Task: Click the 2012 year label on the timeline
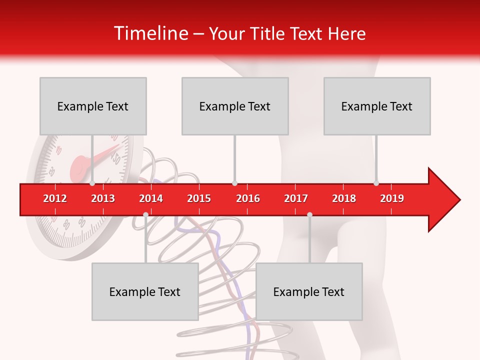[55, 198]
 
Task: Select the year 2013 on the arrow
[103, 198]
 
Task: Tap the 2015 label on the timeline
[199, 198]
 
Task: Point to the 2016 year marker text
[248, 198]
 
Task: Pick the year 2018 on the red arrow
[344, 198]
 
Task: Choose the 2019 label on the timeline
[392, 198]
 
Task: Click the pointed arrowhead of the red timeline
[447, 200]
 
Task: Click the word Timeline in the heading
[150, 33]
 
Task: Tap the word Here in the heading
[346, 33]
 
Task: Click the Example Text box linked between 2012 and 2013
[93, 106]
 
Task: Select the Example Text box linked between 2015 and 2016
[235, 106]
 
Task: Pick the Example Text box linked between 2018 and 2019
[377, 106]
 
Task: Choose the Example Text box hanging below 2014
[145, 291]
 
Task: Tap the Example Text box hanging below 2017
[309, 291]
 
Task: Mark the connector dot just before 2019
[376, 183]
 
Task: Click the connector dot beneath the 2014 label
[145, 214]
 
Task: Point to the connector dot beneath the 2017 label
[309, 214]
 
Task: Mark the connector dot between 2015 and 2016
[234, 183]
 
